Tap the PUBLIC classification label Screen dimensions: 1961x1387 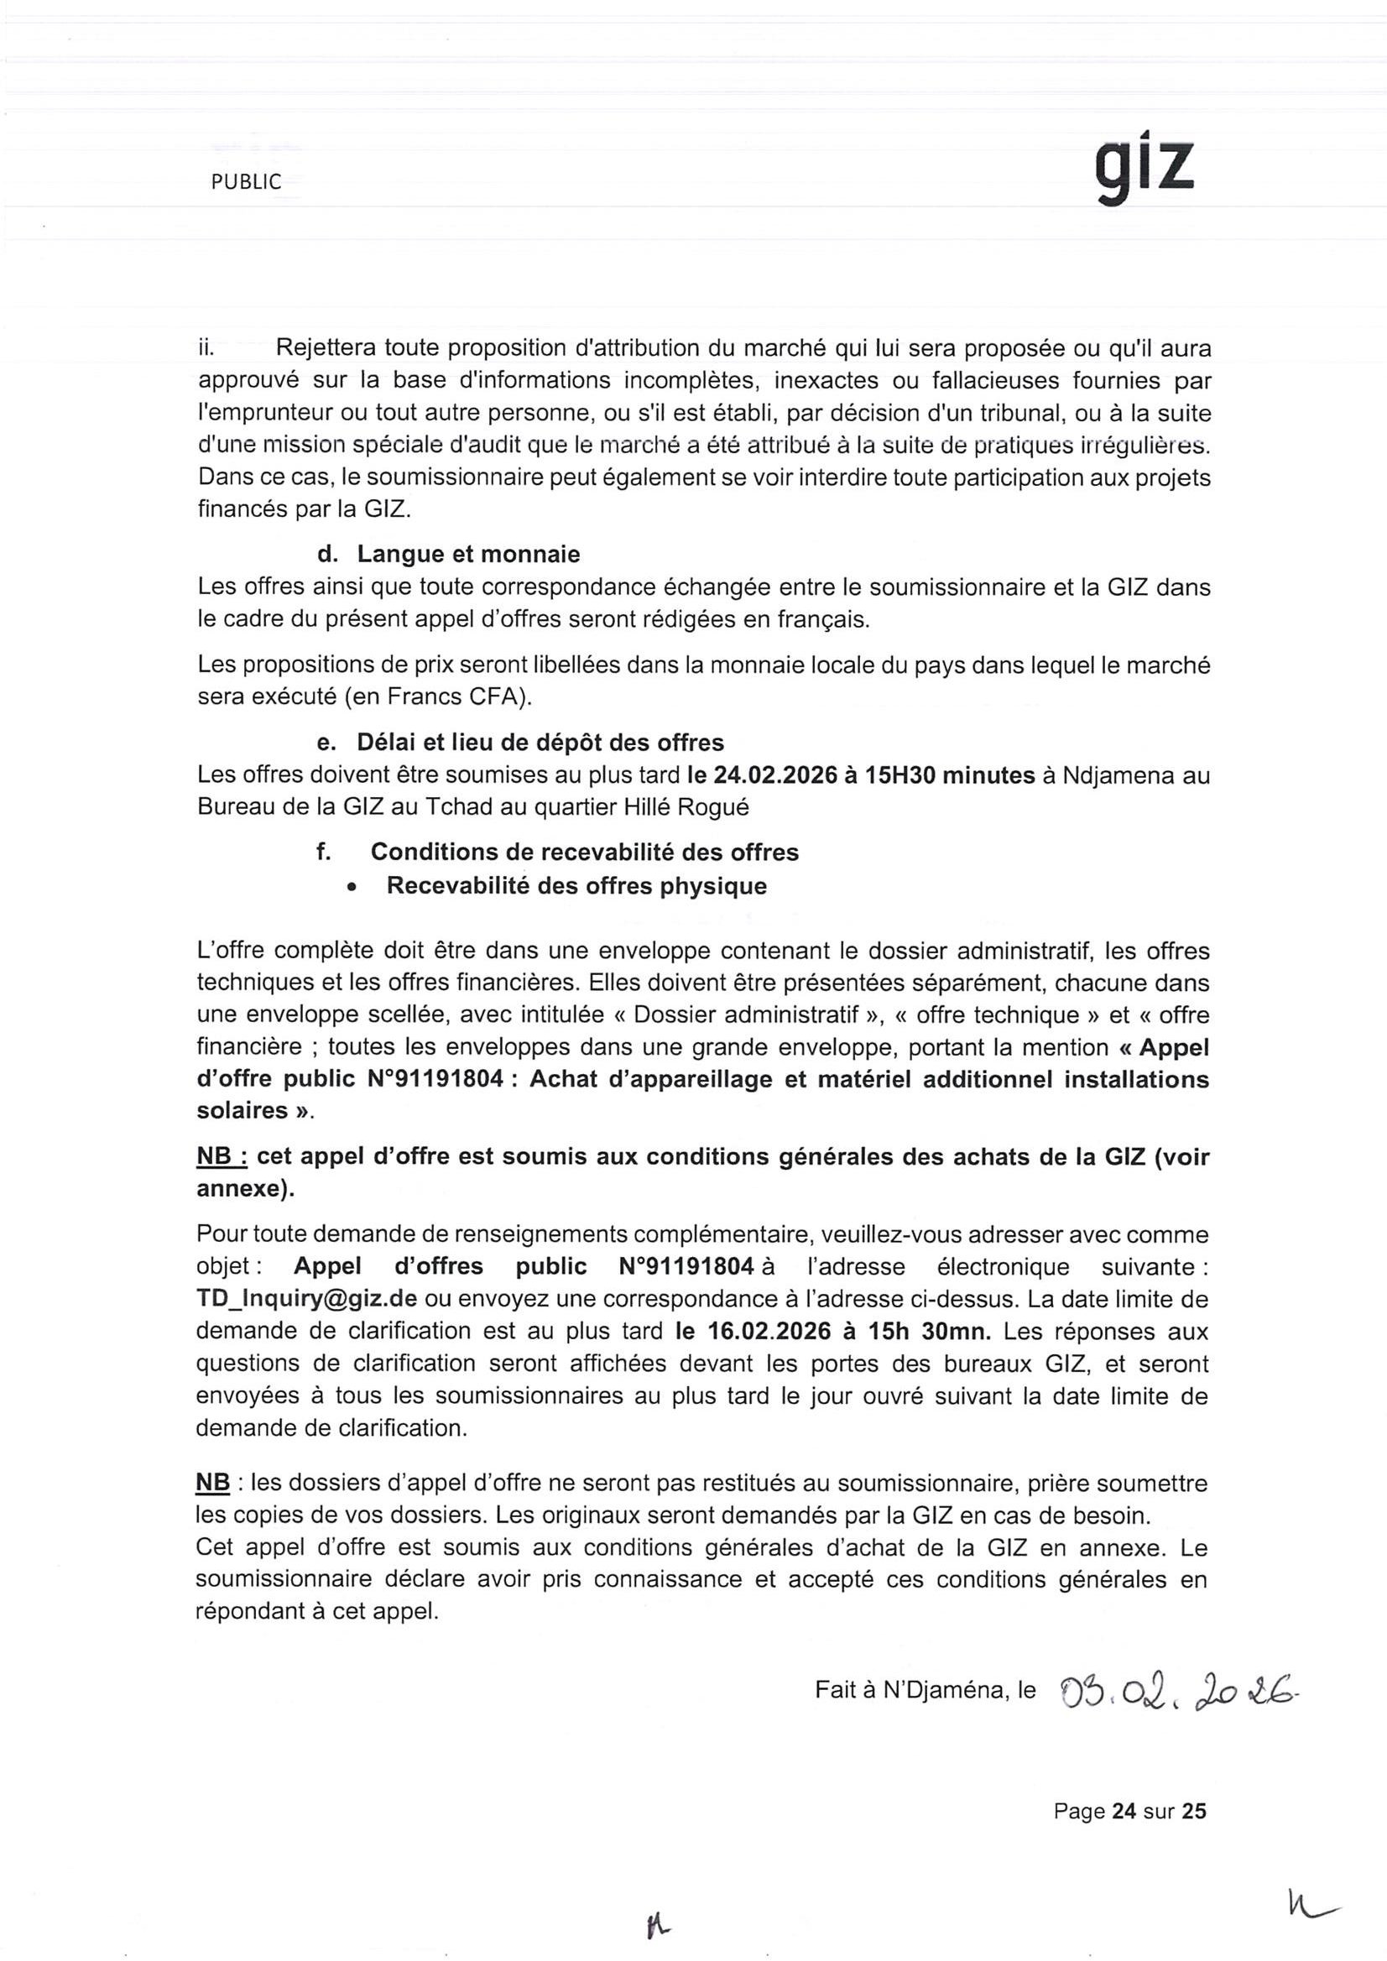pyautogui.click(x=246, y=182)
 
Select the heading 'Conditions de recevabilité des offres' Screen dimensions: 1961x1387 pyautogui.click(x=584, y=852)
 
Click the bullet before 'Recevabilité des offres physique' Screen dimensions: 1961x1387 pyautogui.click(x=352, y=888)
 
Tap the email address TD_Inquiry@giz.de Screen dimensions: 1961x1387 pyautogui.click(x=306, y=1299)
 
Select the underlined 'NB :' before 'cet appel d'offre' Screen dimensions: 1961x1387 pyautogui.click(x=222, y=1157)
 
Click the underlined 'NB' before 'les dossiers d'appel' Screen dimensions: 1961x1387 pyautogui.click(x=212, y=1484)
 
